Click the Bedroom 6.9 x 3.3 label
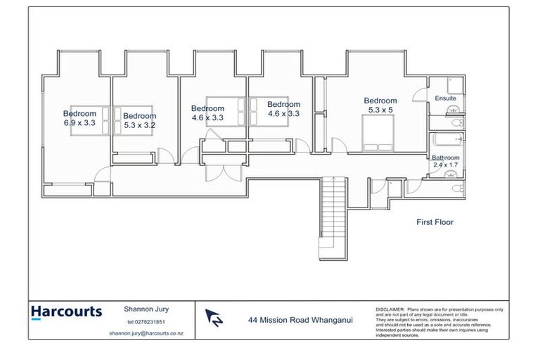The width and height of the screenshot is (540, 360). click(x=79, y=118)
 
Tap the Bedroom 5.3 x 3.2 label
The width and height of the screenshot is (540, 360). click(x=139, y=120)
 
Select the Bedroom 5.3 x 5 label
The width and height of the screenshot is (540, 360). click(x=380, y=105)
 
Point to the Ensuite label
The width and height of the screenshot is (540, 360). click(x=445, y=98)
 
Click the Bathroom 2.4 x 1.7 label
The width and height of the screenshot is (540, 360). click(x=445, y=161)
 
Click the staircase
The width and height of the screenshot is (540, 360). click(x=333, y=211)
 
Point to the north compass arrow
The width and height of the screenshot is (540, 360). click(x=214, y=319)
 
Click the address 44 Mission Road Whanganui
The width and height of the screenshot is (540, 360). click(x=300, y=319)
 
